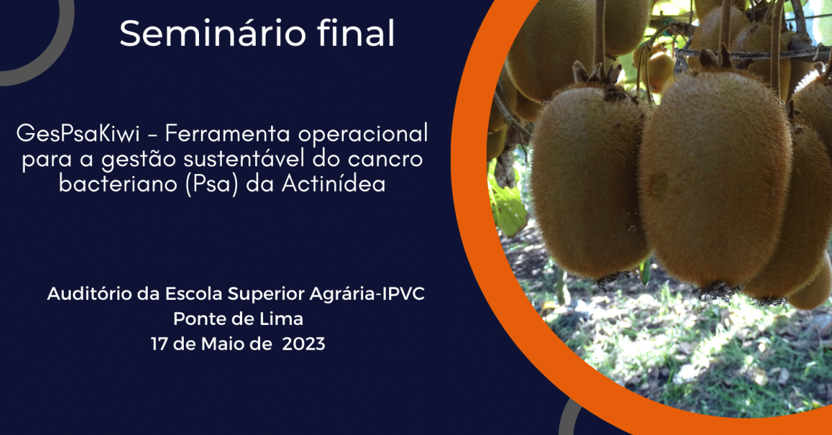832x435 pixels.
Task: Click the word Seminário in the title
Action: [212, 33]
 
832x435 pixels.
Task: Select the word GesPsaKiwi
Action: [78, 134]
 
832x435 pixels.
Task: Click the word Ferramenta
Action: [227, 133]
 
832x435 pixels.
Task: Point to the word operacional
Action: [363, 134]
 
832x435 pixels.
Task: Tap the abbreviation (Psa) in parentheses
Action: [211, 184]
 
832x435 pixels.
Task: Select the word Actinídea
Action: [333, 183]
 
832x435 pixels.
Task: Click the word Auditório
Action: [89, 294]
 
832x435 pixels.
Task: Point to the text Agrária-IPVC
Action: [367, 294]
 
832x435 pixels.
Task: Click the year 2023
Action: [304, 344]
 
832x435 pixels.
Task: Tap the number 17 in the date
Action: [159, 344]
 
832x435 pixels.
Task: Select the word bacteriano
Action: [118, 184]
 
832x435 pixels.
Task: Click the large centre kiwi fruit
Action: [715, 178]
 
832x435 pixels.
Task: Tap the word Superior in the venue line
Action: [266, 294]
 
